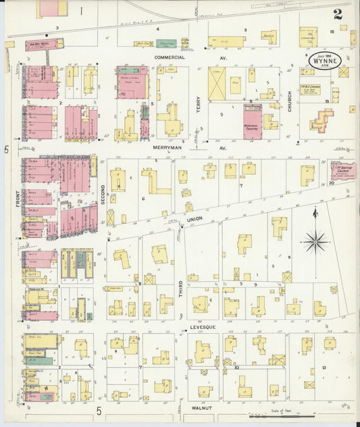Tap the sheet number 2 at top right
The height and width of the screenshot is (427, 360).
[x=336, y=13]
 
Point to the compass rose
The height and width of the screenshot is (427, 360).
[x=315, y=241]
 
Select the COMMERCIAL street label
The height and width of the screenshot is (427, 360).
[x=169, y=57]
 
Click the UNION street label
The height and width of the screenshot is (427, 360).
[x=195, y=220]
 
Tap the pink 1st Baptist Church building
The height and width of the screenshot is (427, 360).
[x=341, y=170]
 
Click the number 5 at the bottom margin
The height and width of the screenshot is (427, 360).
[x=99, y=410]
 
